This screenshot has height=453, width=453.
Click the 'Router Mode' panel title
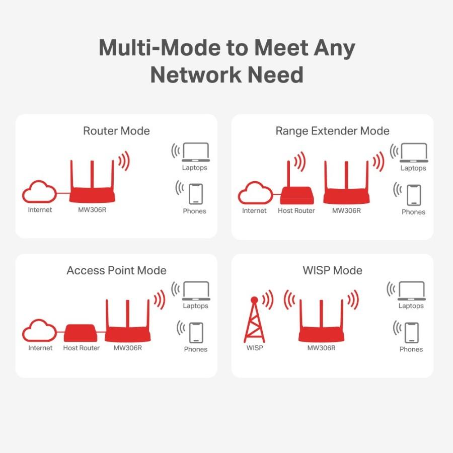click(116, 131)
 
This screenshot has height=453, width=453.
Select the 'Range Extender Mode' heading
click(332, 131)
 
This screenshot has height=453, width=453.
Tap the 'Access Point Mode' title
click(116, 270)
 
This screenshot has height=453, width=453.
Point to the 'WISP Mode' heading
click(332, 270)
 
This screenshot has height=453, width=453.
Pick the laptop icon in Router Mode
click(196, 152)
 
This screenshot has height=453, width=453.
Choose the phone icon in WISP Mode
click(411, 333)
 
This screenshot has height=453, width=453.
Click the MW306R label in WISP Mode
click(321, 348)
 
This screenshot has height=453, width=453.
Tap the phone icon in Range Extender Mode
click(414, 195)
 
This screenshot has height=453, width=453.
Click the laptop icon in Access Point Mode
click(196, 290)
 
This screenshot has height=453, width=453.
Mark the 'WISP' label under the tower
click(254, 348)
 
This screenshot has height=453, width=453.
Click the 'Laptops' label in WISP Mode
click(411, 306)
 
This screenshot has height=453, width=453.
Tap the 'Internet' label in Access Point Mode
click(40, 348)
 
